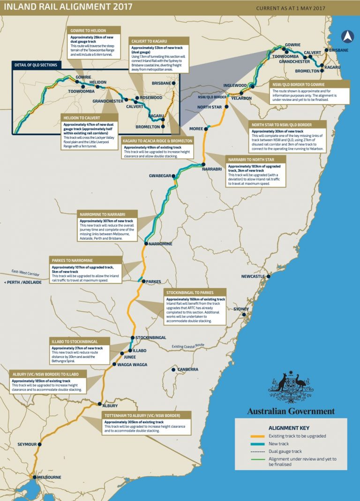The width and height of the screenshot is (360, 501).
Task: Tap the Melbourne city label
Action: pos(48,477)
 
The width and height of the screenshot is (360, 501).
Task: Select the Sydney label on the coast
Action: pos(241,309)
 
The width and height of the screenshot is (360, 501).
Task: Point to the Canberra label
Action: pos(187,370)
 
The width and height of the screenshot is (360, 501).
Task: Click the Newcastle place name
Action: pos(253,276)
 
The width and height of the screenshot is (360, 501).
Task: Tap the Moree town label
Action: pos(196,129)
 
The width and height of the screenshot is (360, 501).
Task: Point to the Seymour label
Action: pos(27,445)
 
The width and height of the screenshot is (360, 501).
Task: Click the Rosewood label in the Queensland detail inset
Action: pos(152,98)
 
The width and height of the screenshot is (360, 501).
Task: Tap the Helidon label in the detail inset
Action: pos(97,82)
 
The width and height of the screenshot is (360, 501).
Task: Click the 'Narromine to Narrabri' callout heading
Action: pos(108,214)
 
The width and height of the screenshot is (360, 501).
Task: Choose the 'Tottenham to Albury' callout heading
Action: pos(148,415)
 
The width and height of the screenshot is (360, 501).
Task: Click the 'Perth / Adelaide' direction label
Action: pos(22,282)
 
